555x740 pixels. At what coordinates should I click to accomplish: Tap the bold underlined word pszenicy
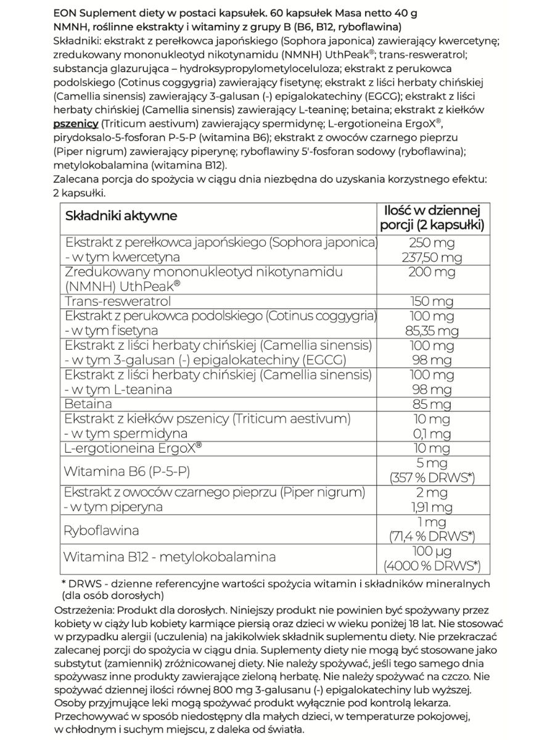click(x=76, y=124)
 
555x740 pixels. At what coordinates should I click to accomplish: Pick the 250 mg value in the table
click(x=432, y=242)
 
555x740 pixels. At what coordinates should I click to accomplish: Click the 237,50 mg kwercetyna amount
click(x=432, y=257)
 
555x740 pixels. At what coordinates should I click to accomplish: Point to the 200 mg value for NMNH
click(x=432, y=272)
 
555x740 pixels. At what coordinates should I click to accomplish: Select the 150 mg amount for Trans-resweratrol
click(x=432, y=301)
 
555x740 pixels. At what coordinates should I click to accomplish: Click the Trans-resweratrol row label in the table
click(x=118, y=301)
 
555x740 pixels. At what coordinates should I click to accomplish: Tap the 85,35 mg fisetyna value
click(x=432, y=331)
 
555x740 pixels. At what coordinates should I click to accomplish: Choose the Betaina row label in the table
click(x=88, y=404)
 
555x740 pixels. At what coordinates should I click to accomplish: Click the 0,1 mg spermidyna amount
click(x=432, y=434)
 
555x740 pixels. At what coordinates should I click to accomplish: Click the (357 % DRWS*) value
click(x=432, y=478)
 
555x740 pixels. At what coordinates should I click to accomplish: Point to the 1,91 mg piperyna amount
click(x=432, y=507)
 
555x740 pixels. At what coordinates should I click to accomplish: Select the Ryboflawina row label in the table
click(x=102, y=530)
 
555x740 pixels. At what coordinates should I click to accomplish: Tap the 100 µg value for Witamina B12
click(x=432, y=551)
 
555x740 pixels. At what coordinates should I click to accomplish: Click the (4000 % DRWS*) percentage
click(x=432, y=565)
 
